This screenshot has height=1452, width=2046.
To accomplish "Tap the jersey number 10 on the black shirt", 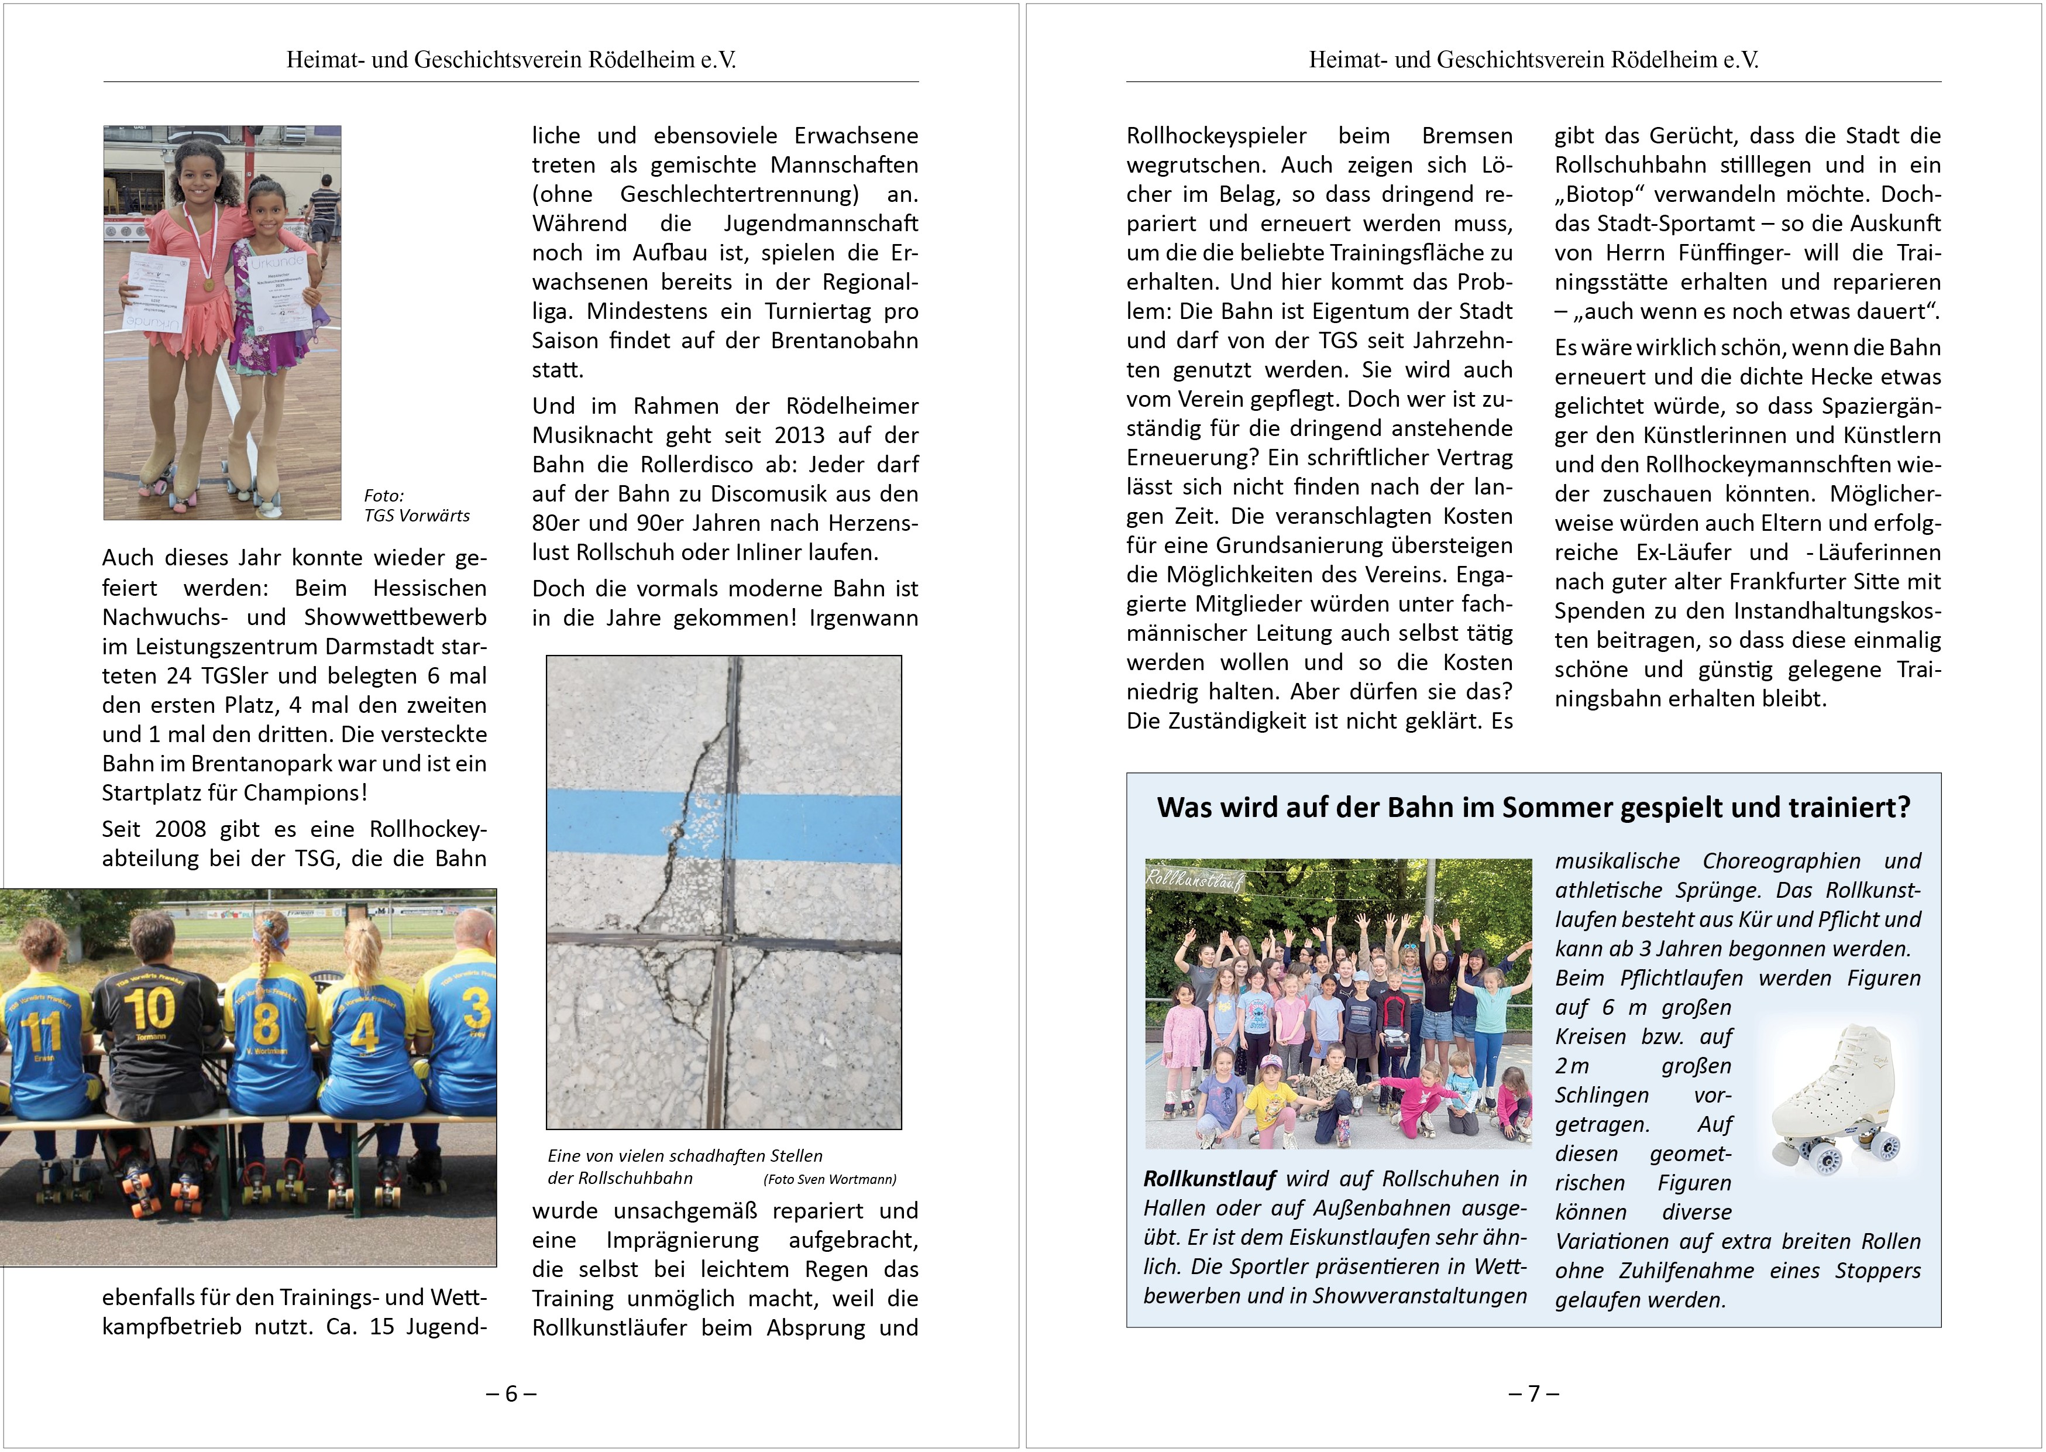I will [149, 1008].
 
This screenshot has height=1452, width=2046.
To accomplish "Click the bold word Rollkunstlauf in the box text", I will [1209, 1179].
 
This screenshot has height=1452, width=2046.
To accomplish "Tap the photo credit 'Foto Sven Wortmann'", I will [830, 1179].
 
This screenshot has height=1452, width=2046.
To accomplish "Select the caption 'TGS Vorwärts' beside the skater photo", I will [417, 516].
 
